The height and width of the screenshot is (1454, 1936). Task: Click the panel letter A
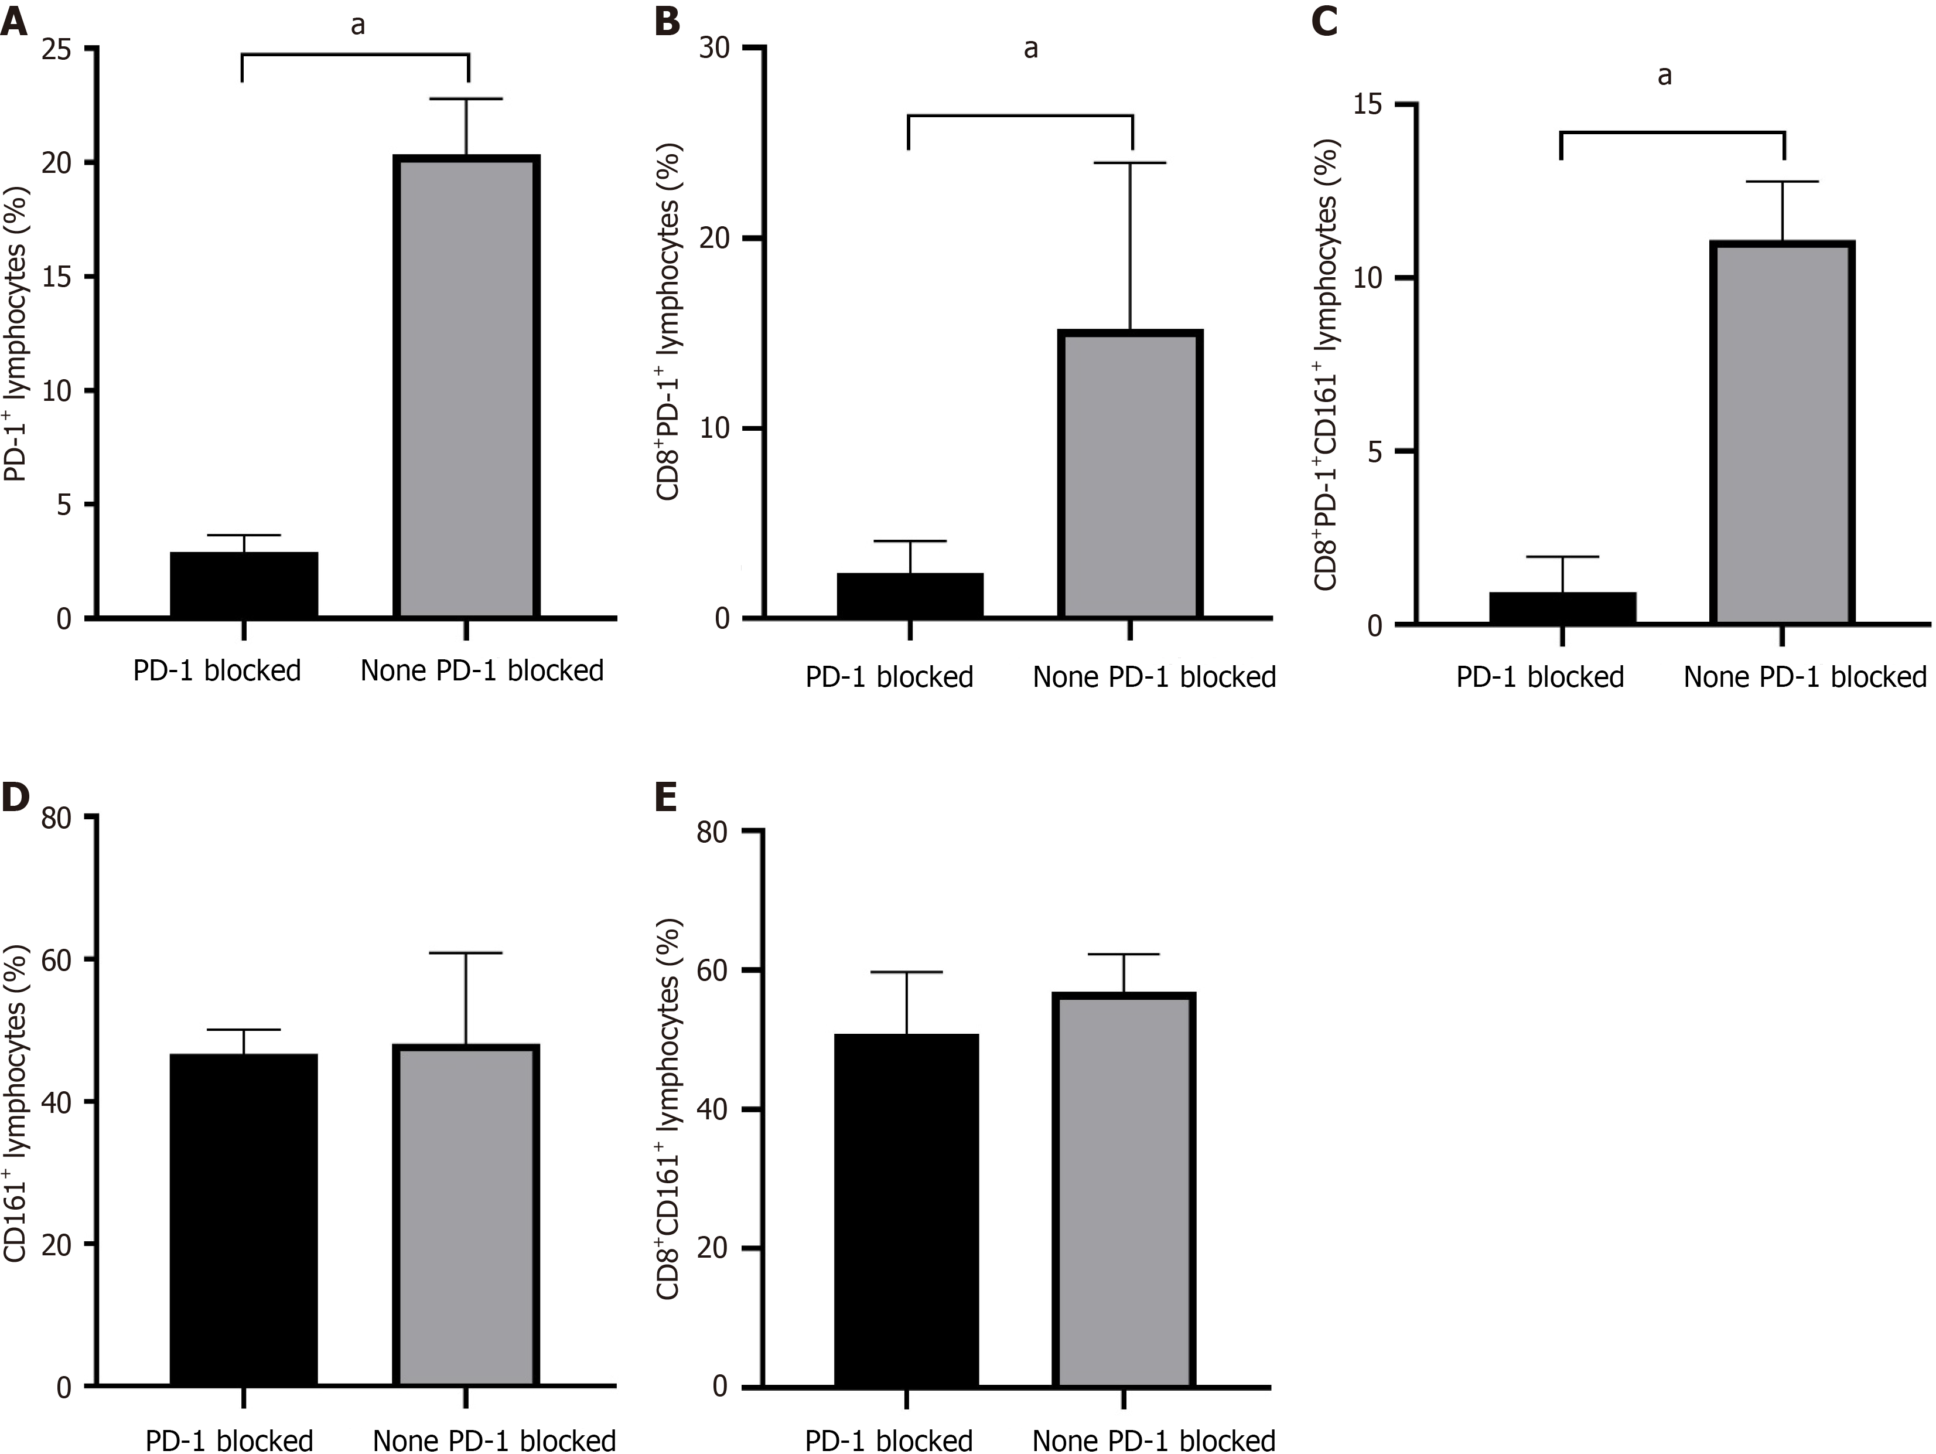[14, 21]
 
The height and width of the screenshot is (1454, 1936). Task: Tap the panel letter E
[667, 798]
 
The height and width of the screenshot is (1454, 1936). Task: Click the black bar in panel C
[1562, 608]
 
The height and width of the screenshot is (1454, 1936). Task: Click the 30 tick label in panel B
[715, 48]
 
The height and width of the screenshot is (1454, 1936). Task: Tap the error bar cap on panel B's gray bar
[1130, 164]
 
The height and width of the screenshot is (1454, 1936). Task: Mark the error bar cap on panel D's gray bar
[466, 952]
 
